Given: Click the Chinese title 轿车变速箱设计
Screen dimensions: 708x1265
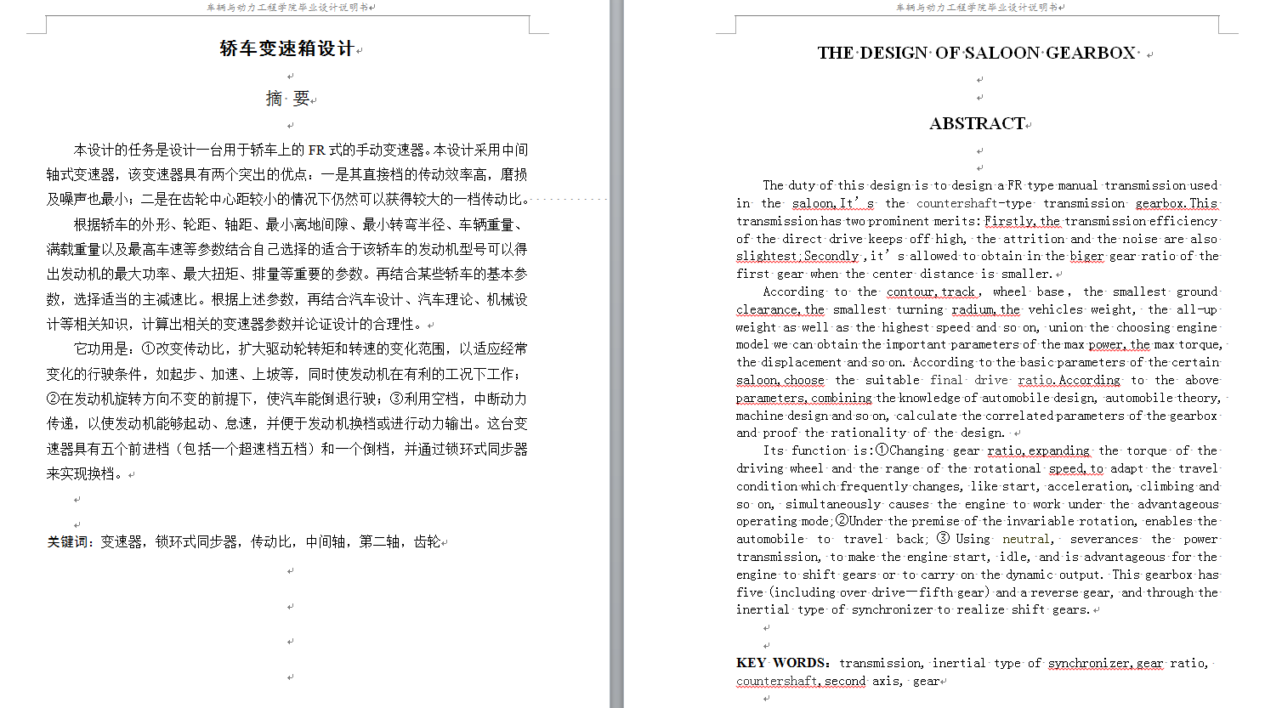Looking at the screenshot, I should coord(286,48).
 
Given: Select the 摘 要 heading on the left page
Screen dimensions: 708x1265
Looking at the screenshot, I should coord(287,99).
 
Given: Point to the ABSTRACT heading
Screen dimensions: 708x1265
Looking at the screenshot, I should coord(977,123).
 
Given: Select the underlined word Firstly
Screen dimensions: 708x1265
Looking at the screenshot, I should coord(1009,221).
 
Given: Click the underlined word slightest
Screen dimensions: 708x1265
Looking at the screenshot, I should coord(767,256).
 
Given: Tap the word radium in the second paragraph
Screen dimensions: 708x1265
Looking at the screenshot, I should coord(973,309).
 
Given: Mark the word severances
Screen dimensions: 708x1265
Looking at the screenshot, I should coord(1103,539).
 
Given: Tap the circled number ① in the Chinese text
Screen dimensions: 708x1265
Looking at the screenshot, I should coord(148,348).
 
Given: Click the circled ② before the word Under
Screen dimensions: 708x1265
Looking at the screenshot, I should coord(842,521).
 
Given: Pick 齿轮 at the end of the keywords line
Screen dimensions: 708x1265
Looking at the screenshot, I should coord(427,541).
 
